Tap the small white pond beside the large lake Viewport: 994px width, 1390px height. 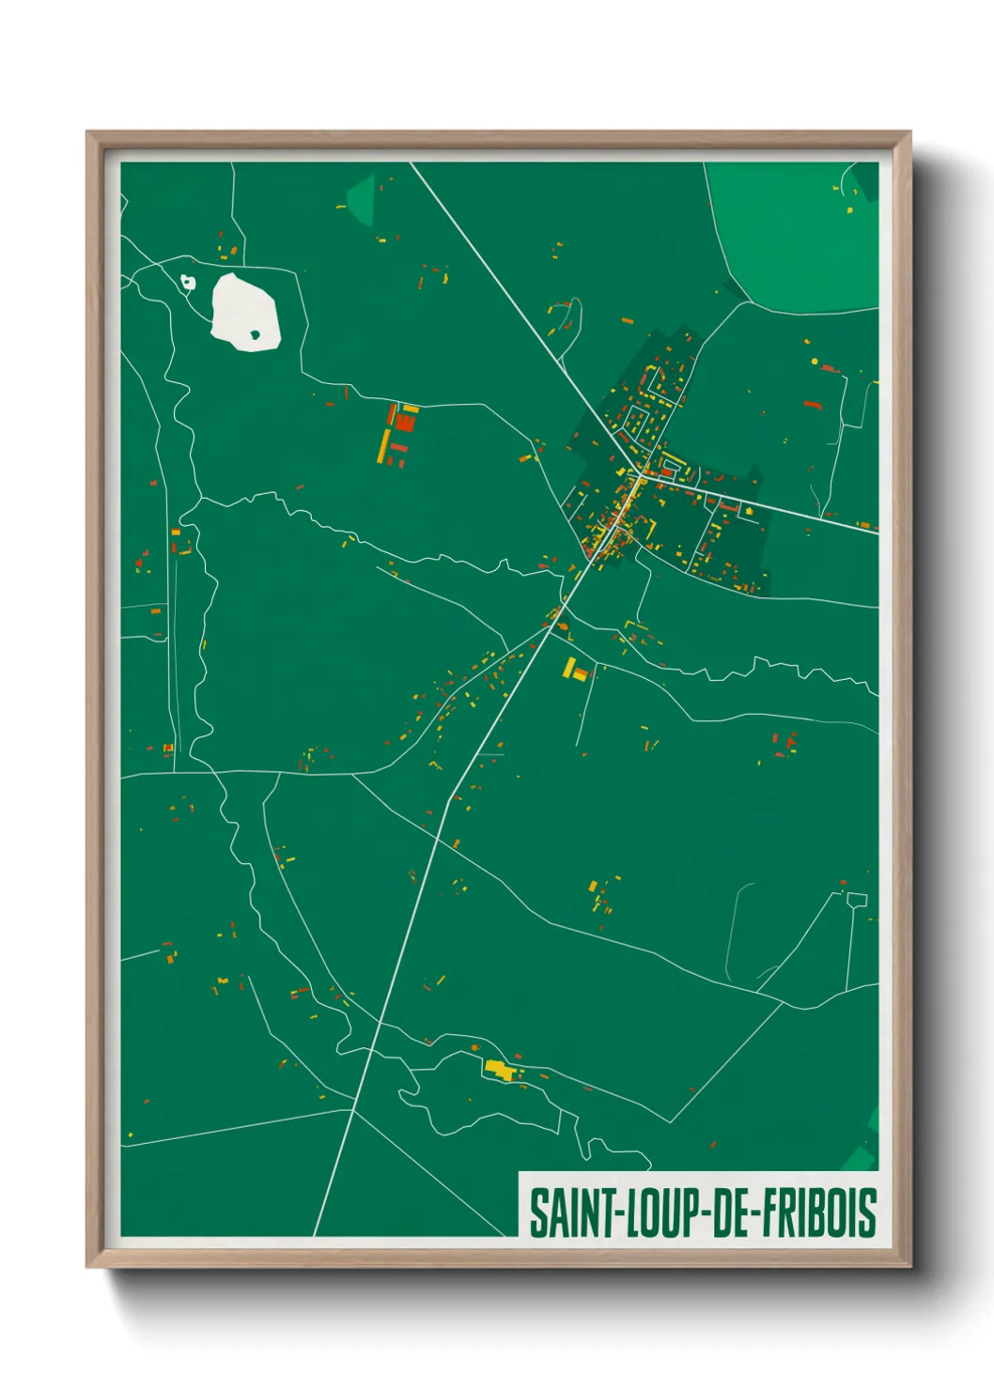[188, 281]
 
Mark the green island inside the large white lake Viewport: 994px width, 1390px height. [255, 333]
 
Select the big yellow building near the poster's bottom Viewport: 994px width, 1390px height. [501, 1070]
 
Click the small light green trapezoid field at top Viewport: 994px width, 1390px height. [363, 198]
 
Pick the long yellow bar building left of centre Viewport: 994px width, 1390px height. [384, 446]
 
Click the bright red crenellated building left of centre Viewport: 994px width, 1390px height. [405, 422]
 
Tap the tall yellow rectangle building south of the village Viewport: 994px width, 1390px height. [569, 668]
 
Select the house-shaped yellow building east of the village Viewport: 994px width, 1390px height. [749, 511]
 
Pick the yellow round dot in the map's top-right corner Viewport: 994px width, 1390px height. [851, 209]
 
